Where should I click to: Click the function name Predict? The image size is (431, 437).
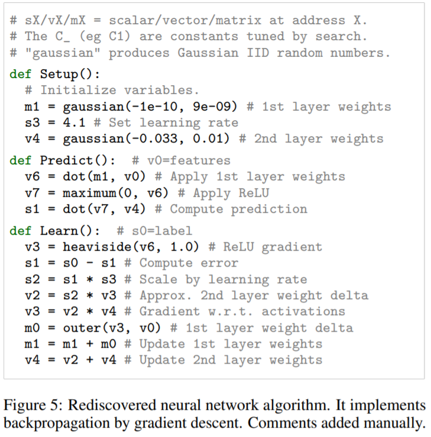66,160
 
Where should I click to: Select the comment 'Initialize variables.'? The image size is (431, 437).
120,90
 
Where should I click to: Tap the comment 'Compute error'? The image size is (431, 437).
189,263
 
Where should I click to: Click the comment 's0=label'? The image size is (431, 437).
161,231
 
